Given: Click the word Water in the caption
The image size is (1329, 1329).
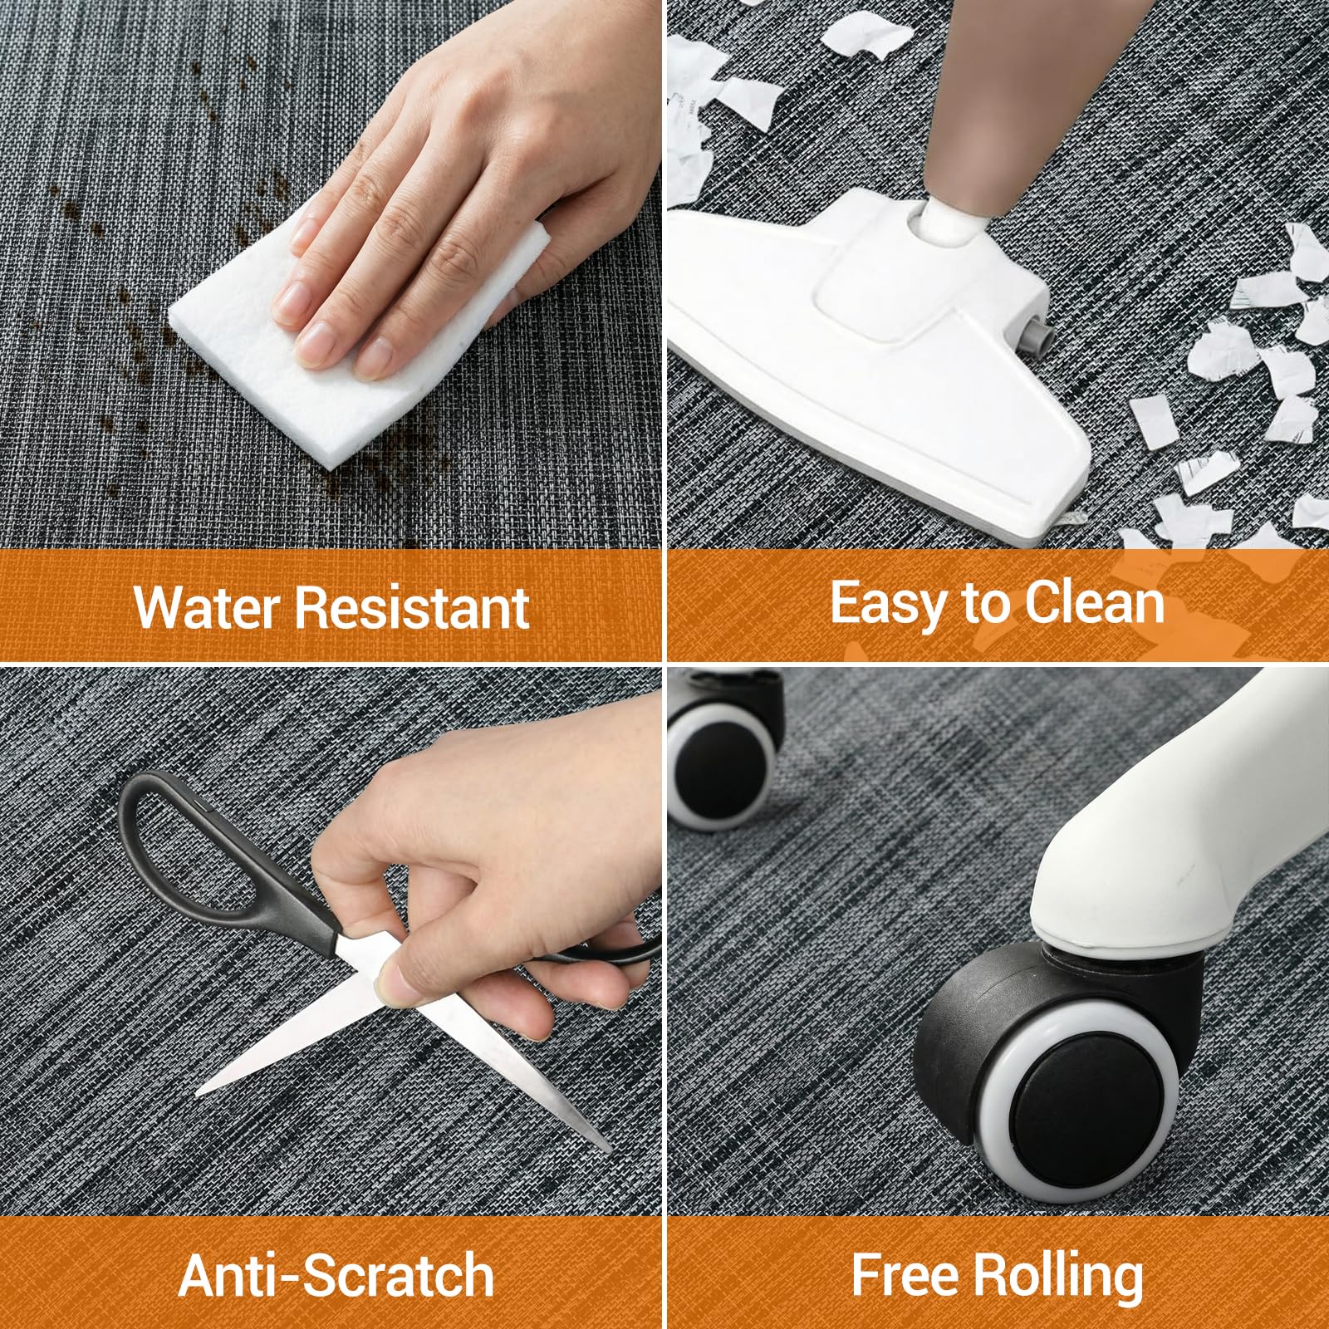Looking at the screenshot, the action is [x=206, y=606].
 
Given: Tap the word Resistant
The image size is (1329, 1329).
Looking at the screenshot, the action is [x=412, y=606].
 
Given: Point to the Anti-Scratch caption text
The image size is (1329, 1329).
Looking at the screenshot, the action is [x=336, y=1275].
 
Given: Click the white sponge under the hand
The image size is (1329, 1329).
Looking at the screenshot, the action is [x=357, y=332].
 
